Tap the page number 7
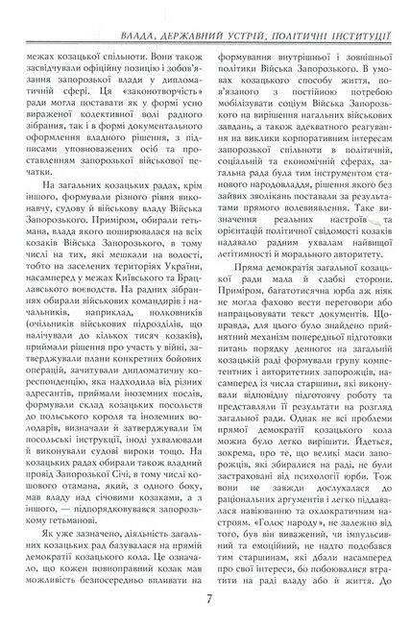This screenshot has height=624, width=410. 207,602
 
